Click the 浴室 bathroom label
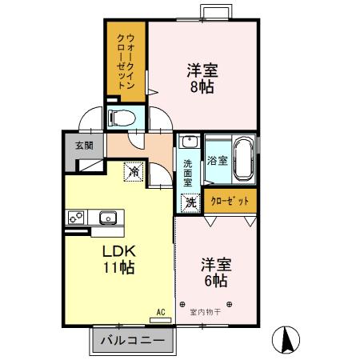(x=217, y=161)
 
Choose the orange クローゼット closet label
(x=230, y=201)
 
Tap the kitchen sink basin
(x=108, y=218)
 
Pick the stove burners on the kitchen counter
(x=78, y=216)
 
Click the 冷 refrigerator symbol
(x=134, y=170)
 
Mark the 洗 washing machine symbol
(x=190, y=202)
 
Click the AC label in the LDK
(x=160, y=312)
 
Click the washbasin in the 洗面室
(x=189, y=142)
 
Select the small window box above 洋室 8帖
(x=214, y=13)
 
